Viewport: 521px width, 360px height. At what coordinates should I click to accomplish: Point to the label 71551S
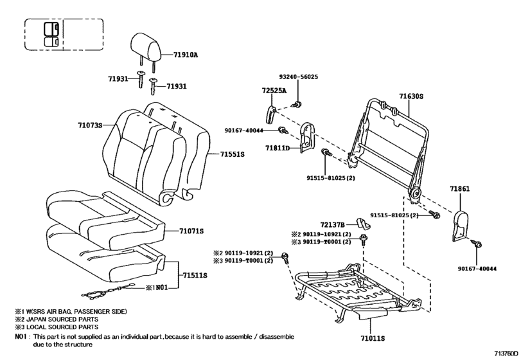232,154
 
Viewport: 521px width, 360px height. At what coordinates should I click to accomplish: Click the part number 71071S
191,230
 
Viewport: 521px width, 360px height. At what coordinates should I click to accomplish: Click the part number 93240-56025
298,76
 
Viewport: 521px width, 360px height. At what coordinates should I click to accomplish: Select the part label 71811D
278,148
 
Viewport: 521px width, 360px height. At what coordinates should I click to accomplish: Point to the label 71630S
412,96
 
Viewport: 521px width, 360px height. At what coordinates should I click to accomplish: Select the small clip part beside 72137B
363,224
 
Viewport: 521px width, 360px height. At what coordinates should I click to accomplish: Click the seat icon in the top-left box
50,35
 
